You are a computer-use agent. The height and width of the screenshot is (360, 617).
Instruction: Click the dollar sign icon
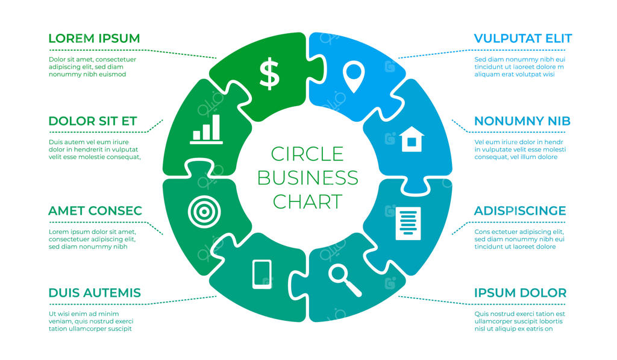tap(269, 74)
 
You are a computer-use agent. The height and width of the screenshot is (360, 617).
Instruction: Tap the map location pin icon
tap(353, 77)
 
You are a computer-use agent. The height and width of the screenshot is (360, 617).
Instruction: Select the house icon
tap(412, 139)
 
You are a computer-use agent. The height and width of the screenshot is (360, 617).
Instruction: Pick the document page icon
tap(408, 223)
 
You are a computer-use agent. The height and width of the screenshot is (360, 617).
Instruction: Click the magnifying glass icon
tap(345, 280)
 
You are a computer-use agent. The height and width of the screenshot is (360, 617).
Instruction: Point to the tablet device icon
tap(262, 274)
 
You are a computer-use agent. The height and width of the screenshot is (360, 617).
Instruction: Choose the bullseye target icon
tap(204, 212)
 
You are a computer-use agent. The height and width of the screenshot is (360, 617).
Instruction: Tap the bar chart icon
tap(206, 129)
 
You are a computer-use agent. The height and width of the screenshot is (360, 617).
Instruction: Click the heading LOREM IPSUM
tap(94, 39)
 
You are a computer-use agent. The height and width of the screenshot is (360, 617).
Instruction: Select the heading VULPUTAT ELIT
tap(522, 39)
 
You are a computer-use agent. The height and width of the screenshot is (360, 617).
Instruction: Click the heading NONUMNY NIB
tap(522, 121)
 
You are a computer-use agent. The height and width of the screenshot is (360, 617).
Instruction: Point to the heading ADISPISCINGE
tap(520, 210)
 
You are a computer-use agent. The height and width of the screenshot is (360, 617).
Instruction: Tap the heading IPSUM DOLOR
tap(520, 293)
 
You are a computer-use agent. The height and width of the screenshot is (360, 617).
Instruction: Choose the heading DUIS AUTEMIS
tap(95, 293)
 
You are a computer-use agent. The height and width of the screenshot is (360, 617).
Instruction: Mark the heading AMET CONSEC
tap(95, 210)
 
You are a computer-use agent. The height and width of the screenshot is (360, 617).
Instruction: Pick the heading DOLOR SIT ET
tap(92, 121)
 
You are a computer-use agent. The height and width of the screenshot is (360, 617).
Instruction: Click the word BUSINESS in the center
tap(308, 178)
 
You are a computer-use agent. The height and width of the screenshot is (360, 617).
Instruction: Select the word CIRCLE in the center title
tap(307, 154)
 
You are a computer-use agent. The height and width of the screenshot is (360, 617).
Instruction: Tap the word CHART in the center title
tap(308, 201)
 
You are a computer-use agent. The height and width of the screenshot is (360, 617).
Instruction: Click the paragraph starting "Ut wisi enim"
tap(91, 321)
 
